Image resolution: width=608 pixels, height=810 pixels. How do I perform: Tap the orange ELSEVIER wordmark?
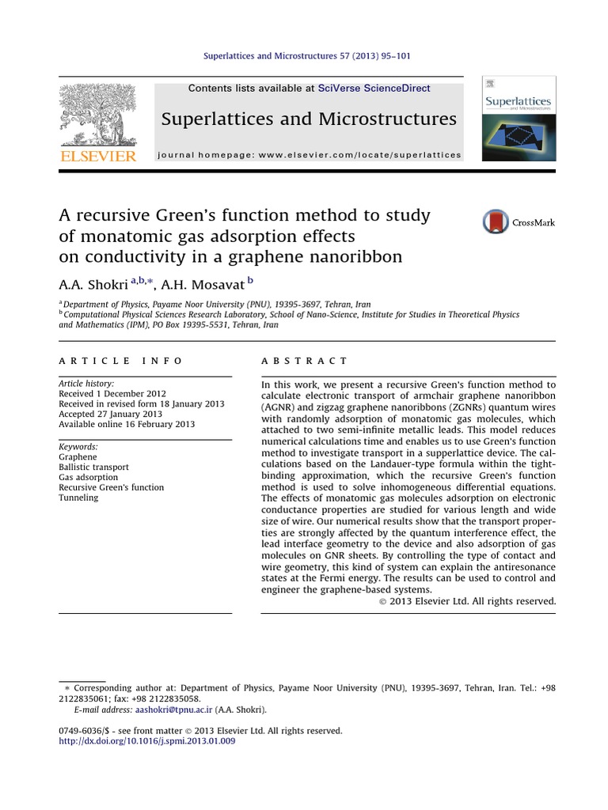click(x=97, y=156)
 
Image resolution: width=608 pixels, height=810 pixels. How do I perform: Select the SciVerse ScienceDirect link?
click(x=374, y=89)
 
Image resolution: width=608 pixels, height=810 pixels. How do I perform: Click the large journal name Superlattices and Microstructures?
click(x=309, y=119)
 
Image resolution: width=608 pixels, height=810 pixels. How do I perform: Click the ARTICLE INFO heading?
click(x=121, y=361)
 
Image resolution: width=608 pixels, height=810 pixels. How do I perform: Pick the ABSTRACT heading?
click(x=304, y=361)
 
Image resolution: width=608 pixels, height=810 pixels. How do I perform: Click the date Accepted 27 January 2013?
click(x=110, y=414)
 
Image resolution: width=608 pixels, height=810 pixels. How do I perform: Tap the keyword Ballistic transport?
click(x=93, y=467)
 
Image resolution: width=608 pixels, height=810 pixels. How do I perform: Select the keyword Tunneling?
click(x=78, y=498)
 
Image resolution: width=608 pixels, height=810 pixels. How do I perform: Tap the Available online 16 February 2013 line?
click(x=127, y=424)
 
